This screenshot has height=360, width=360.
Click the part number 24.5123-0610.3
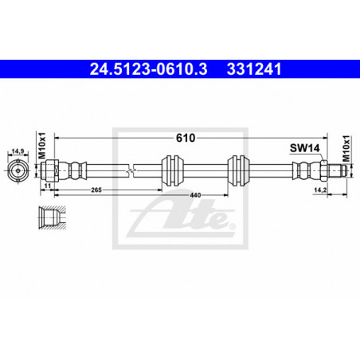pyautogui.click(x=148, y=69)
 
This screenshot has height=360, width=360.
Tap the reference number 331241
pyautogui.click(x=254, y=69)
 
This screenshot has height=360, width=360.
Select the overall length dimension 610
pyautogui.click(x=186, y=138)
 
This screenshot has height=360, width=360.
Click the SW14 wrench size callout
pyautogui.click(x=305, y=148)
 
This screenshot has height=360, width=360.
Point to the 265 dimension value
pyautogui.click(x=96, y=190)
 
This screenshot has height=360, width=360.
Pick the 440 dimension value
pyautogui.click(x=195, y=195)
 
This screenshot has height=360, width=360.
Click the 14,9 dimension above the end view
pyautogui.click(x=18, y=151)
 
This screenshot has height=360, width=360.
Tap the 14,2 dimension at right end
pyautogui.click(x=320, y=190)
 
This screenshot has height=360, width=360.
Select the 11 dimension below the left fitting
pyautogui.click(x=48, y=186)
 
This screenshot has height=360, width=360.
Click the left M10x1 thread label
pyautogui.click(x=42, y=146)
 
